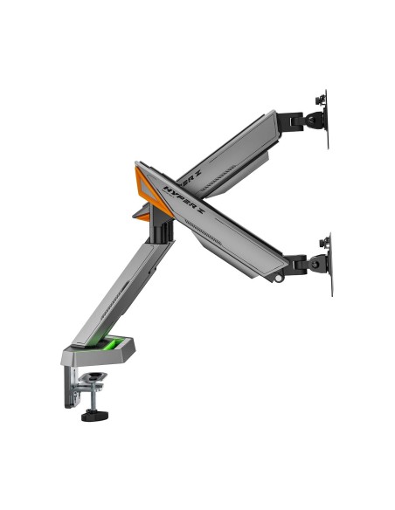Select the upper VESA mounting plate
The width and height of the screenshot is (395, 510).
tap(325, 117)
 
